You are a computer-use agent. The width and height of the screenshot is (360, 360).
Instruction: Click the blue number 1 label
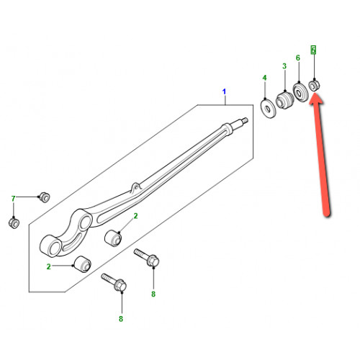click(224, 91)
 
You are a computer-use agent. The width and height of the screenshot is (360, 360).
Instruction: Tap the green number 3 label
click(284, 66)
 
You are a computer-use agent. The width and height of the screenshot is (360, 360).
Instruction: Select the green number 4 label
click(264, 78)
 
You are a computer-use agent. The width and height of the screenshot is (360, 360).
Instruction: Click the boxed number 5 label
click(313, 50)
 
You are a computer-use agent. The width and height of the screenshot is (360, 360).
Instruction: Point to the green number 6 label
click(298, 58)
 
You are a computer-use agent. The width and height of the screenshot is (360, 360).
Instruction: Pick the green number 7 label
click(13, 199)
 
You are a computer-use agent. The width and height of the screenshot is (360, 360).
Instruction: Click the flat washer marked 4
click(269, 109)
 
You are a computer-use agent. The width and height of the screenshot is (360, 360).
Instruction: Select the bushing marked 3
click(284, 101)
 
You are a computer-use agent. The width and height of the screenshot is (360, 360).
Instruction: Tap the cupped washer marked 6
click(300, 92)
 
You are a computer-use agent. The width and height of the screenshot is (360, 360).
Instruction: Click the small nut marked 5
click(314, 85)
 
